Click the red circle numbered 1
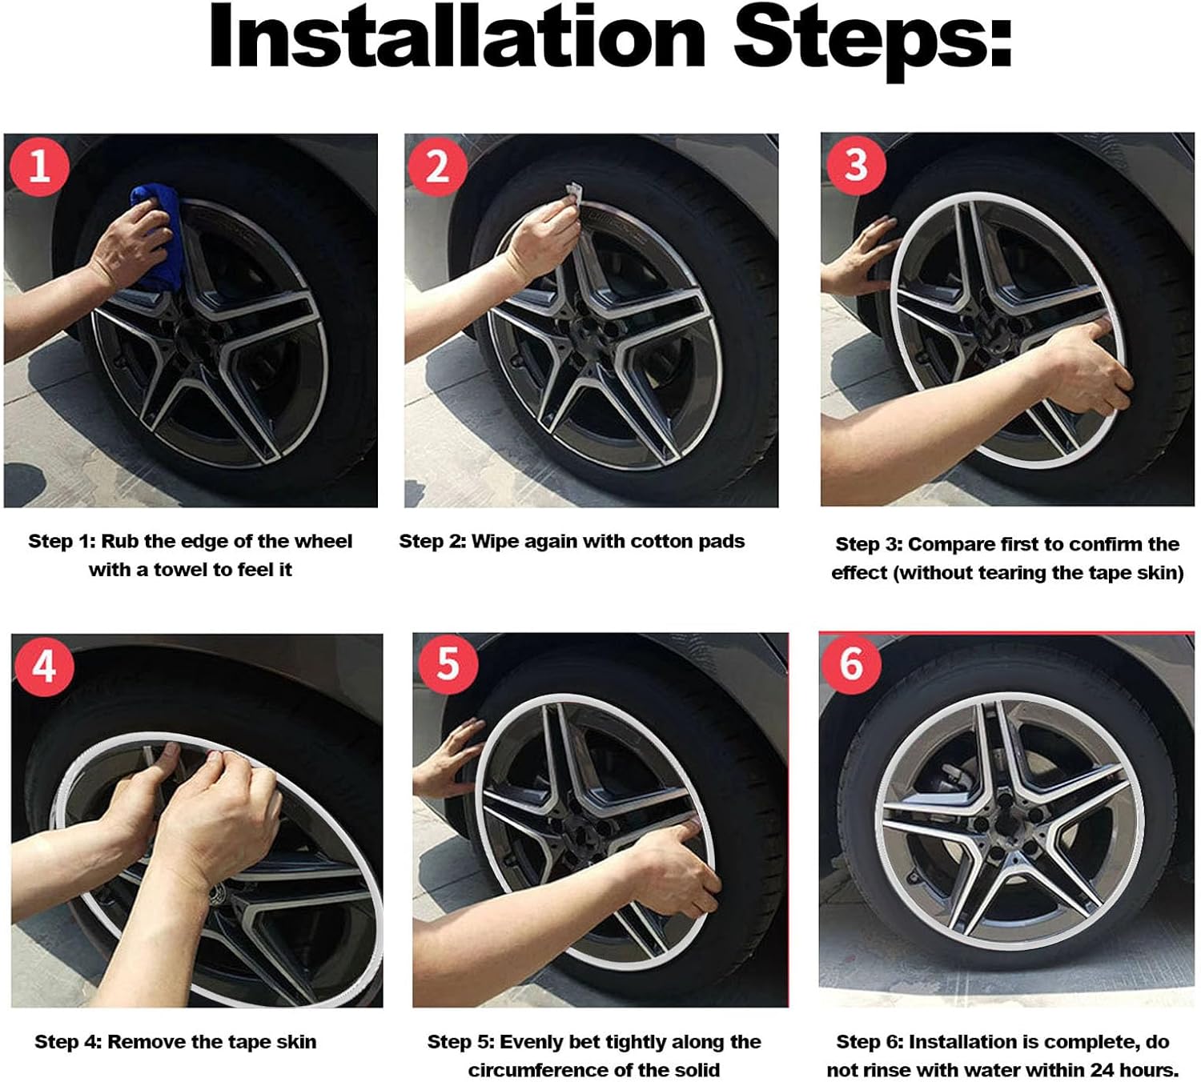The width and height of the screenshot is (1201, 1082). (x=39, y=166)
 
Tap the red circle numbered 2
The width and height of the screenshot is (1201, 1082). (x=437, y=166)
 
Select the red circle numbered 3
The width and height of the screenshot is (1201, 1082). (x=856, y=165)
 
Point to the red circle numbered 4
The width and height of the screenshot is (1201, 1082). (x=45, y=666)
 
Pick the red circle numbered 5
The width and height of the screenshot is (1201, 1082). (x=448, y=664)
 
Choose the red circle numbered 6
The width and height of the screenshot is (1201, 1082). (x=851, y=663)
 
